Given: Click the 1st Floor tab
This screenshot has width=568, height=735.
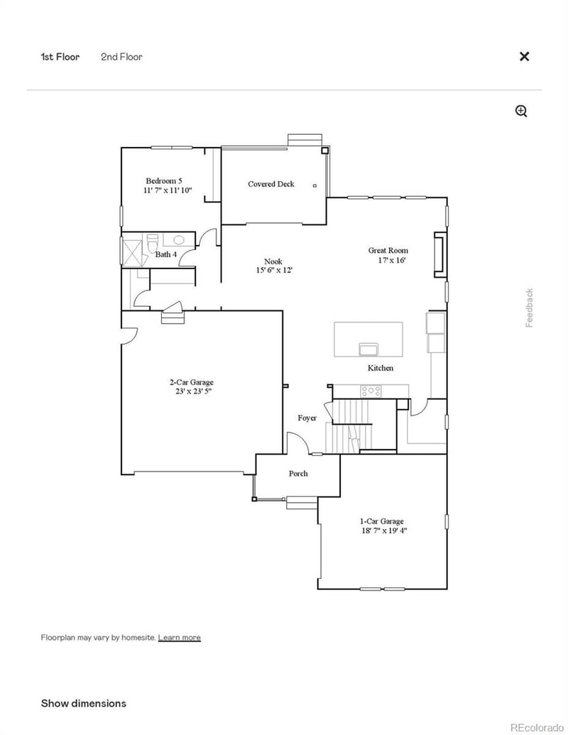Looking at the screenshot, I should [60, 57].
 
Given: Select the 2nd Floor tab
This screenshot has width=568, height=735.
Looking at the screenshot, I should [121, 57].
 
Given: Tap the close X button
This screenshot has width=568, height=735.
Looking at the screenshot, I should [524, 57].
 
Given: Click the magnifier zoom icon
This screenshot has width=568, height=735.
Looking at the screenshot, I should [521, 111].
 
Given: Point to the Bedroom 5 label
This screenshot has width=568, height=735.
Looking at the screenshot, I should [164, 181].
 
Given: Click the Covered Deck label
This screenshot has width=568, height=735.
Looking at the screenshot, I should [271, 184].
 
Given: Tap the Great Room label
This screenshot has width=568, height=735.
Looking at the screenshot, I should [388, 250].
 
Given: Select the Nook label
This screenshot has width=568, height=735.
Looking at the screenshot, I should [273, 261].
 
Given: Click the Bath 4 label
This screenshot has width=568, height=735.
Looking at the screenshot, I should [166, 254].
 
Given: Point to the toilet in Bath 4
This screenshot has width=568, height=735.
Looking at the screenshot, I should [152, 244].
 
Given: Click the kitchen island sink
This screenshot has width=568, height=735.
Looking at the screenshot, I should [369, 349].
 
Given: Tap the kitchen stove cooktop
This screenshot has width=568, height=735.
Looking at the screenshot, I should [371, 391].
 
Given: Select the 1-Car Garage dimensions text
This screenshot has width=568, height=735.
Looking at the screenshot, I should [383, 530].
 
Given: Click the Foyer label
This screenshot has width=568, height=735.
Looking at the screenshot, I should [307, 418].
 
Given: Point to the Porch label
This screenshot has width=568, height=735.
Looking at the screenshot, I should [298, 474].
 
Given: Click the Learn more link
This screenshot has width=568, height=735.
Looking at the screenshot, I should [179, 638].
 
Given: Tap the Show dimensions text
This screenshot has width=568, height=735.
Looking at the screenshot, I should [83, 703].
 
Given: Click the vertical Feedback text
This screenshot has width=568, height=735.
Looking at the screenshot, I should [530, 307].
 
